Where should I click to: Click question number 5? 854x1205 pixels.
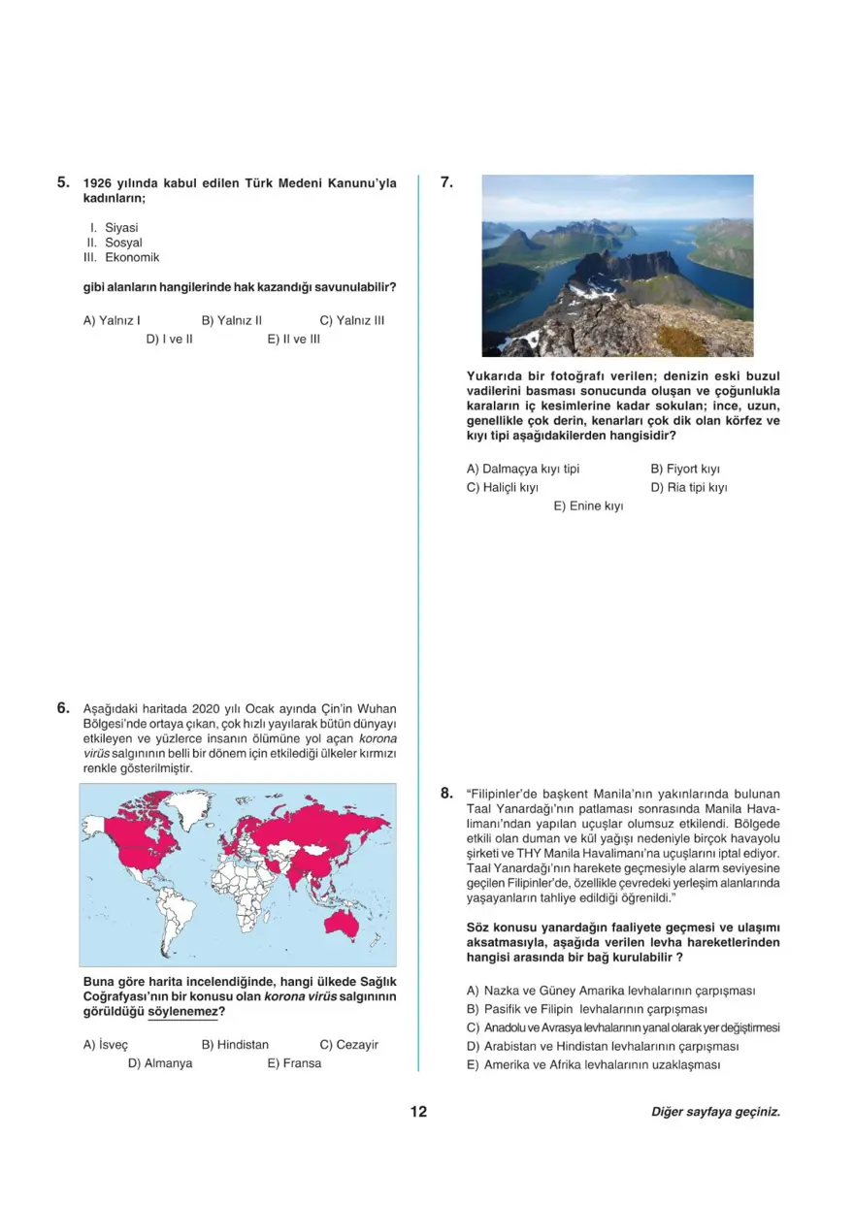coord(63,181)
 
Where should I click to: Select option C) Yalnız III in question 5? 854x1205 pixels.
coord(351,320)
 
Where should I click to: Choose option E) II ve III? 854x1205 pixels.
coord(293,340)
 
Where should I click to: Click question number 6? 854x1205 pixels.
coord(63,708)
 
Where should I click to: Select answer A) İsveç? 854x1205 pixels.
coord(106,1045)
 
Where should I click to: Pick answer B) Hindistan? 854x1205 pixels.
coord(235,1045)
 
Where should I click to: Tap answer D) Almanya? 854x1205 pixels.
coord(160,1063)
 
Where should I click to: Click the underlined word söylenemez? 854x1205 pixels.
coord(182,1013)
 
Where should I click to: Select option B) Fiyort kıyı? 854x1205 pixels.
coord(684,469)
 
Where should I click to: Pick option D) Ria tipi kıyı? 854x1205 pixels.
coord(689,487)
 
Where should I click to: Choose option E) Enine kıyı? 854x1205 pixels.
coord(588,506)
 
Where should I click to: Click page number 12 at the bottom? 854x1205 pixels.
coord(418,1112)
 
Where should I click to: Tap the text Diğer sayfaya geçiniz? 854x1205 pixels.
coord(715,1113)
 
